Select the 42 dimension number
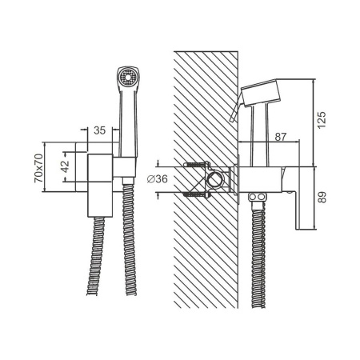(66, 167)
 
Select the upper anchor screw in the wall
(194, 166)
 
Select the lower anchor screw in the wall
(194, 193)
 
